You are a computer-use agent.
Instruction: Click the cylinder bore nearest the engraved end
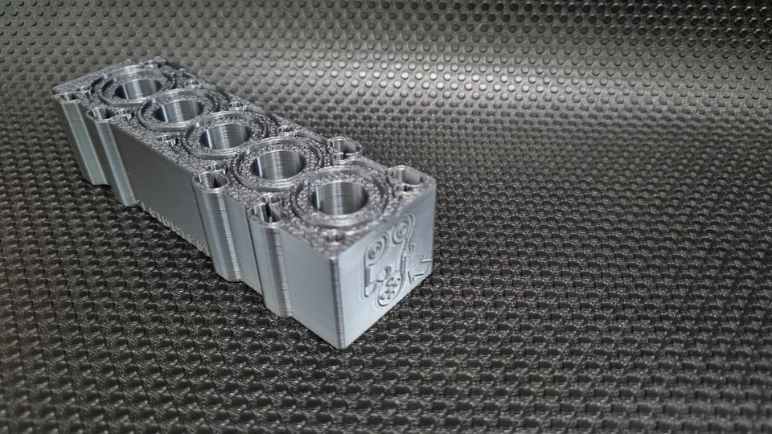335,196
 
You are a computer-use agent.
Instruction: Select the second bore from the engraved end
277,164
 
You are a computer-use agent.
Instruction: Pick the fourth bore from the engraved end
179,109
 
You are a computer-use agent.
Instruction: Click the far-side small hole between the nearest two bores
343,147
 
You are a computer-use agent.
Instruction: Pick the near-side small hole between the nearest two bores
263,211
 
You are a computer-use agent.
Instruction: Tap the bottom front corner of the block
341,346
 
